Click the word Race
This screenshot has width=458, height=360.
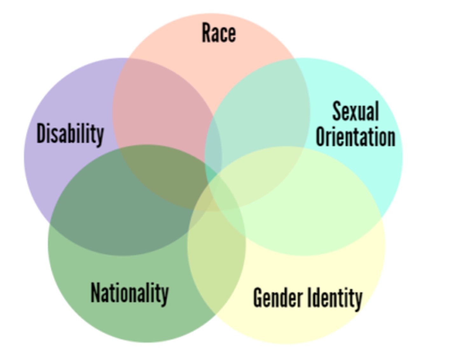pos(219,33)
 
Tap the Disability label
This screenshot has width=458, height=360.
pos(70,134)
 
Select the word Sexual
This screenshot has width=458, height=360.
pos(355,111)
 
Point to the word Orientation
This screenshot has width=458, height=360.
pos(355,137)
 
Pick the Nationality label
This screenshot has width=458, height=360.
pos(129,293)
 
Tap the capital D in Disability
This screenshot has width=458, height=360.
pos(41,133)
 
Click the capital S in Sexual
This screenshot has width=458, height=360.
pos(337,111)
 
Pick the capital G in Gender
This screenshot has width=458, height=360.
pos(258,298)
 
